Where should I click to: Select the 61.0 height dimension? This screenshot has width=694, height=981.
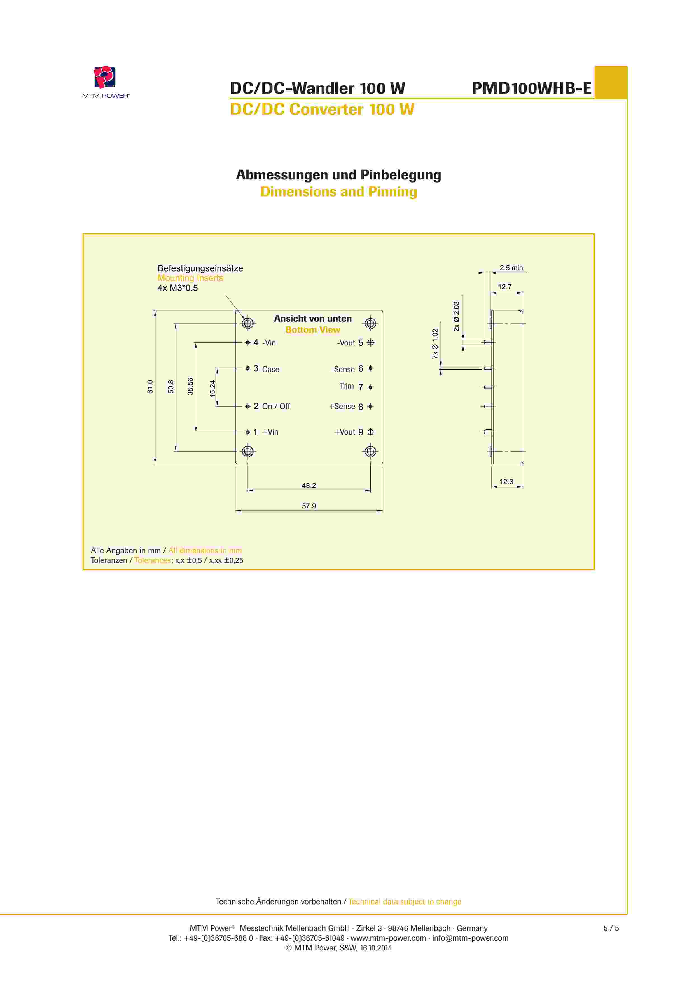(150, 387)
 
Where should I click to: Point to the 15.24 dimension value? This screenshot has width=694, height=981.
(213, 388)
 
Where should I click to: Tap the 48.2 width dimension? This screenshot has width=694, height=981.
(309, 485)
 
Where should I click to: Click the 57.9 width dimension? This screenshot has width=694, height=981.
(309, 506)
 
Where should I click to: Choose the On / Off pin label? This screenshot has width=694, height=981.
(276, 406)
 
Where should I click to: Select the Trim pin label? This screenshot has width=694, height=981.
(347, 386)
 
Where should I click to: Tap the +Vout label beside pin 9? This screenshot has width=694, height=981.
(344, 432)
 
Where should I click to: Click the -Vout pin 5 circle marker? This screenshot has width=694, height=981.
(370, 343)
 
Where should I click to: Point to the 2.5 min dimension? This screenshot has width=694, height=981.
(511, 268)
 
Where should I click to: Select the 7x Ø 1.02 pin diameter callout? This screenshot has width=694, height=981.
(435, 344)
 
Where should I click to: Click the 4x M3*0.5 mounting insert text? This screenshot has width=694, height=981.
(177, 288)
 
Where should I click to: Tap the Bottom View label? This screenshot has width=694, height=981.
(312, 330)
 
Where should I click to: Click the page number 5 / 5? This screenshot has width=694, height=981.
(611, 928)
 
